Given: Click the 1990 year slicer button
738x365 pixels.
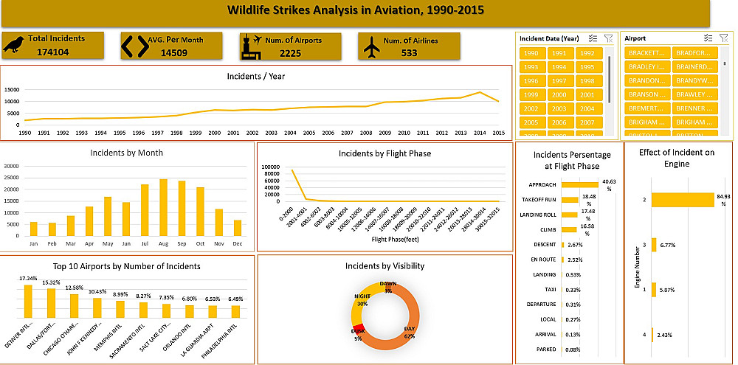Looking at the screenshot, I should coord(531,53).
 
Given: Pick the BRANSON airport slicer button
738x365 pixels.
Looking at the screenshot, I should coord(647,94).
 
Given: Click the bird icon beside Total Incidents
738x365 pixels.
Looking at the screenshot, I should coord(14,46).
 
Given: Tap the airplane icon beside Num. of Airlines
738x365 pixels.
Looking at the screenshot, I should coord(372,46).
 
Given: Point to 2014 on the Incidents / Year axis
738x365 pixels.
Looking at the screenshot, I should coord(479,133).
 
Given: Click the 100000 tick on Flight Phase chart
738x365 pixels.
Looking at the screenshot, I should coord(270,168).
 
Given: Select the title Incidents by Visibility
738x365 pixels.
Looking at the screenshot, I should coord(384,265).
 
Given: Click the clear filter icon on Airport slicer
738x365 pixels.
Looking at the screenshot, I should coord(723,38).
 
